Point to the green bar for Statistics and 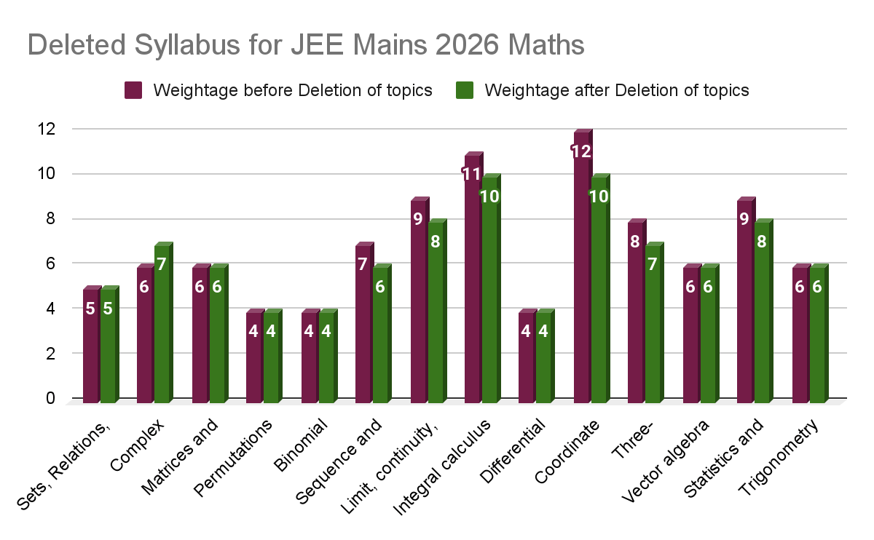pyautogui.click(x=763, y=313)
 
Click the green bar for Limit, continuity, pyautogui.click(x=436, y=313)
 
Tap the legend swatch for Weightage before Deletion pyautogui.click(x=134, y=90)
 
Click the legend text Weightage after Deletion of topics pyautogui.click(x=616, y=90)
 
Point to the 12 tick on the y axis pyautogui.click(x=45, y=129)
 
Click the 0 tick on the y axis pyautogui.click(x=50, y=398)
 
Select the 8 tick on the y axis pyautogui.click(x=50, y=218)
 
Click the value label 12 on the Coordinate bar pyautogui.click(x=580, y=151)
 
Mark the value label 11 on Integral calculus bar pyautogui.click(x=471, y=174)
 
